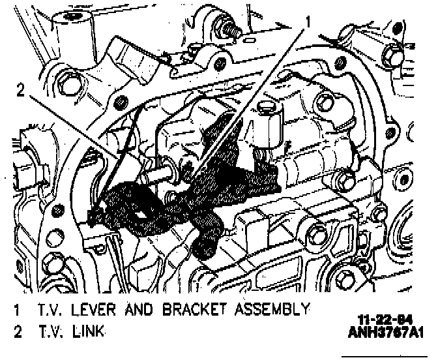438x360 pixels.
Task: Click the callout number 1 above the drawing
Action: click(x=308, y=21)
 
